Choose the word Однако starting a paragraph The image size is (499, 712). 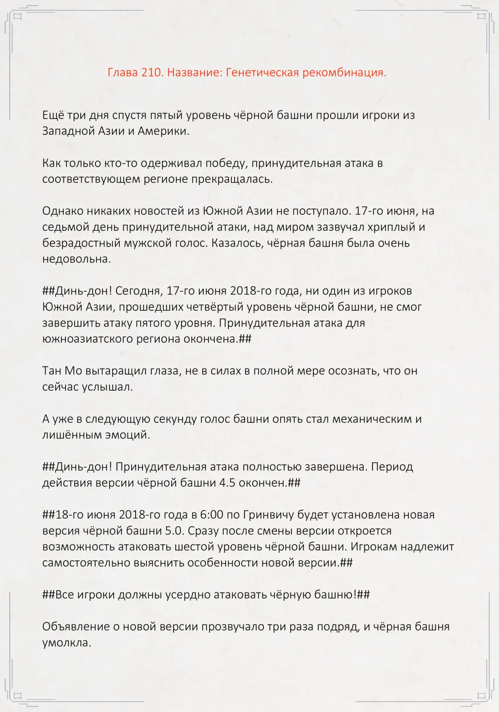(x=60, y=211)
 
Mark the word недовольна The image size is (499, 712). (x=76, y=259)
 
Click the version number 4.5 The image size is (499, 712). (x=227, y=483)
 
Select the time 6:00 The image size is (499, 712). (x=212, y=515)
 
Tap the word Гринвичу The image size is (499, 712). (x=269, y=515)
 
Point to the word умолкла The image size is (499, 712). (x=66, y=643)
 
